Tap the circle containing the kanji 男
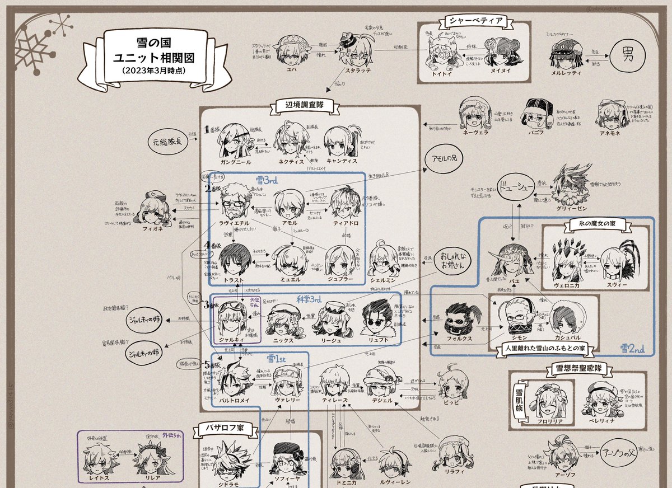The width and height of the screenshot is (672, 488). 628,55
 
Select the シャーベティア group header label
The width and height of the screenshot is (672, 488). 475,22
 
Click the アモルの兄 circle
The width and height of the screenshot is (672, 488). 444,158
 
